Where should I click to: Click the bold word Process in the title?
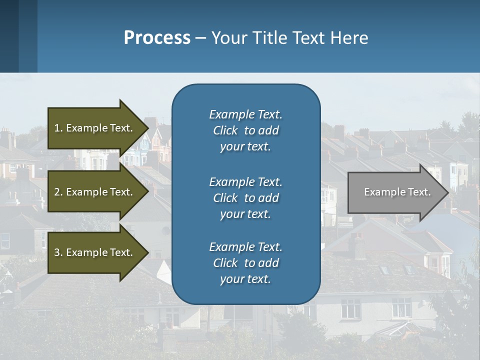(x=157, y=38)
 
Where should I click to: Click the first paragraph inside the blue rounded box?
(x=245, y=130)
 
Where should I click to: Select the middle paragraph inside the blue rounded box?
(x=245, y=198)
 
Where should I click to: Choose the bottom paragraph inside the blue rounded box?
(x=245, y=263)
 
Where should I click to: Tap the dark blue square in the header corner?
(x=9, y=36)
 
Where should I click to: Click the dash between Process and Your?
(x=201, y=38)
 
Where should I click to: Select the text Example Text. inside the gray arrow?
(x=397, y=192)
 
